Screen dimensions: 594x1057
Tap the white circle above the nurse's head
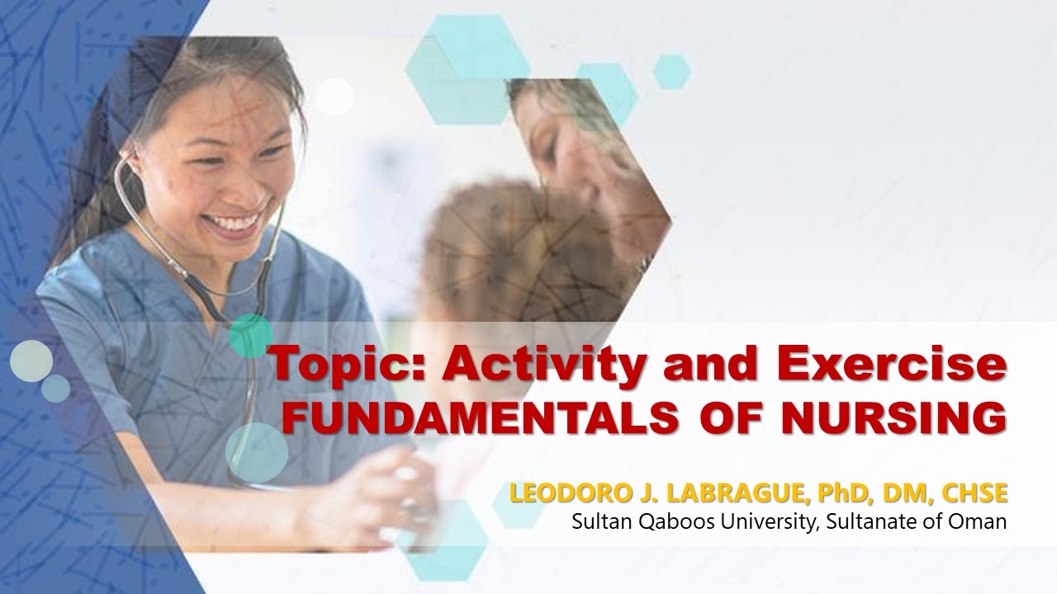pyautogui.click(x=334, y=97)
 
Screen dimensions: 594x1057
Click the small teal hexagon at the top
pyautogui.click(x=671, y=71)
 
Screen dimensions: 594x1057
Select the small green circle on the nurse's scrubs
pyautogui.click(x=250, y=336)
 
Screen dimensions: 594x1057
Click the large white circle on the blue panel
pyautogui.click(x=31, y=361)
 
